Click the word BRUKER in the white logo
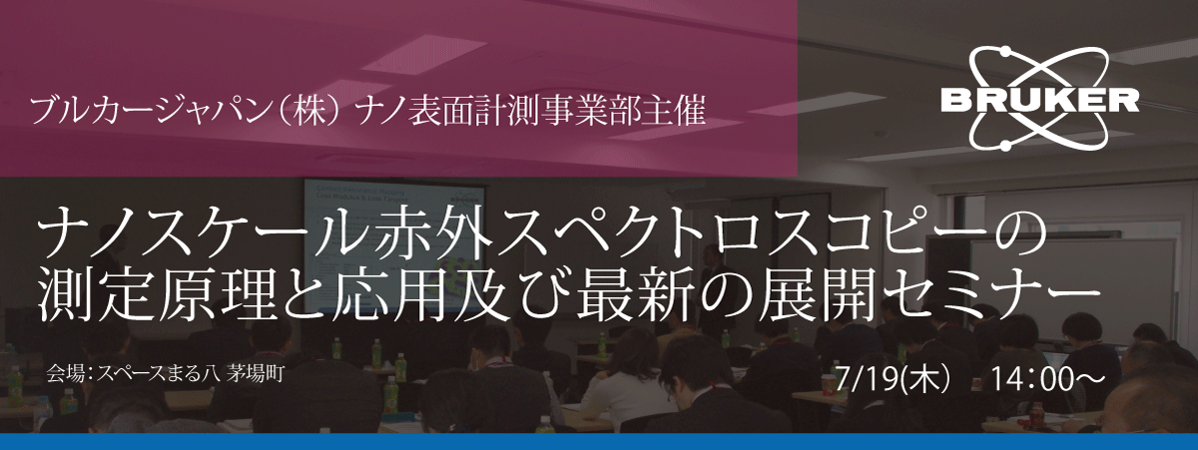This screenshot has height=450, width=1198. [1039, 101]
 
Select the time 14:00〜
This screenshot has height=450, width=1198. [1048, 378]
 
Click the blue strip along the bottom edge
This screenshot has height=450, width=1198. [599, 442]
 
